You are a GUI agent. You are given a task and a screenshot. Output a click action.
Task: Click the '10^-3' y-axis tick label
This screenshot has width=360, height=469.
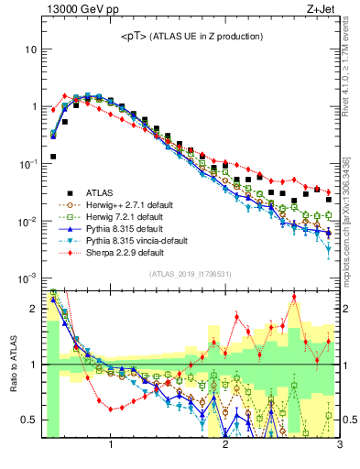click(x=27, y=278)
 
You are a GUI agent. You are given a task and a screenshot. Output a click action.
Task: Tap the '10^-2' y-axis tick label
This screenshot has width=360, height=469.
click(x=27, y=221)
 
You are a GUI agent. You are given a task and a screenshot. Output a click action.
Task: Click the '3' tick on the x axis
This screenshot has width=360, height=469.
click(x=339, y=446)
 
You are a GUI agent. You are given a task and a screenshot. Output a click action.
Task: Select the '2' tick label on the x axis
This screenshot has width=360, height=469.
click(x=225, y=446)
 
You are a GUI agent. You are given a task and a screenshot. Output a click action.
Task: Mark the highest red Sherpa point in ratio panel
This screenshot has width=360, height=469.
click(x=294, y=297)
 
